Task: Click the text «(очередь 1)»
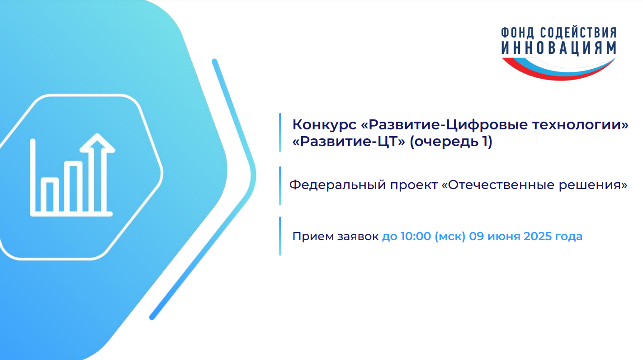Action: pyautogui.click(x=451, y=142)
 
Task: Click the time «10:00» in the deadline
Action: pyautogui.click(x=416, y=236)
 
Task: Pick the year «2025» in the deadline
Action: pyautogui.click(x=537, y=236)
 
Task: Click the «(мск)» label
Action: pyautogui.click(x=450, y=237)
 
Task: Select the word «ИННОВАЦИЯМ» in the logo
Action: pyautogui.click(x=558, y=47)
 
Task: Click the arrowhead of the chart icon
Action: pyautogui.click(x=97, y=142)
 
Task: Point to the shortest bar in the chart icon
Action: pyautogui.click(x=50, y=195)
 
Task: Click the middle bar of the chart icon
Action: pyautogui.click(x=73, y=187)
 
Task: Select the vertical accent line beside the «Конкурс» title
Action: pyautogui.click(x=280, y=133)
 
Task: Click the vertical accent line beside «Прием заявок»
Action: pyautogui.click(x=280, y=236)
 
